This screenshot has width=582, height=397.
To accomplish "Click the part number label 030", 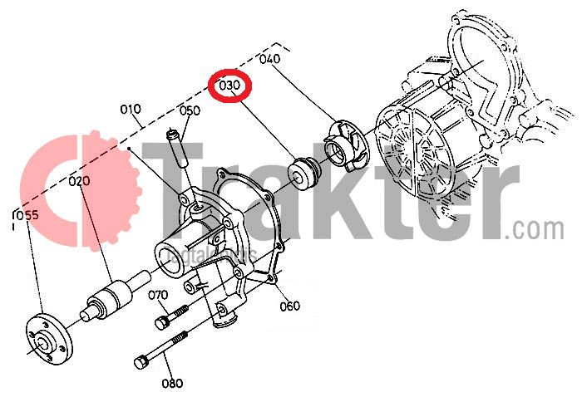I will coord(230,86).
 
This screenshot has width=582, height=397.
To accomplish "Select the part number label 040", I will coord(269,59).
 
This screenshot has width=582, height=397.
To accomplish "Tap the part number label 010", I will coord(131,109).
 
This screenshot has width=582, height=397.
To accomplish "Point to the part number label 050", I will coord(190,110).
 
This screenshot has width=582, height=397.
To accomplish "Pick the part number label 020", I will coord(79,180).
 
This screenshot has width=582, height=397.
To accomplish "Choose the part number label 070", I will coord(158,295).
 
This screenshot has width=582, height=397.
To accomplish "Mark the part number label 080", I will coord(171,383).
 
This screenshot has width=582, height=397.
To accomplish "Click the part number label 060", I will coord(289,306).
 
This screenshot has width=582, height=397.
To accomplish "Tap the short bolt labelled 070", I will coord(170,317).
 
